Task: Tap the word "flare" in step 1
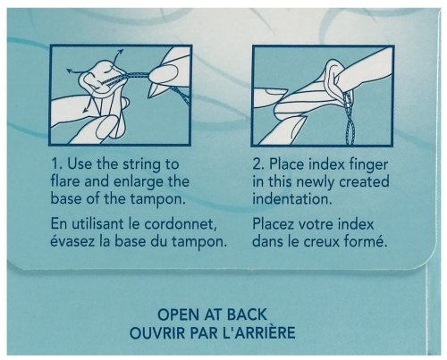65,181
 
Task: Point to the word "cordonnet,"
181,224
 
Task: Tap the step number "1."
56,164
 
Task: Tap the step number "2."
258,164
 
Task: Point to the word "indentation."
292,198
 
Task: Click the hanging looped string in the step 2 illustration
348,119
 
